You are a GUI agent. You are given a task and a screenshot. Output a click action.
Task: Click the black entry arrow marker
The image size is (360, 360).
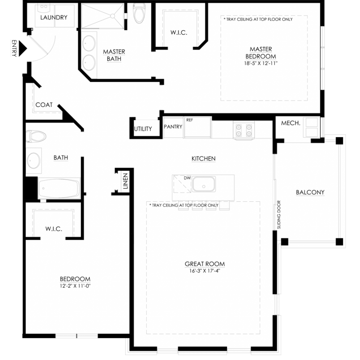[22, 49]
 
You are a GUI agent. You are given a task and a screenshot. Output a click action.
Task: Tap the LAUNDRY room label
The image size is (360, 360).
[54, 18]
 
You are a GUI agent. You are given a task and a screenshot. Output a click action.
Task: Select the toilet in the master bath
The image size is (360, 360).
[139, 13]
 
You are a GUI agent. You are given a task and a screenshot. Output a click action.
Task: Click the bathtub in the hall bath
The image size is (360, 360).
[59, 188]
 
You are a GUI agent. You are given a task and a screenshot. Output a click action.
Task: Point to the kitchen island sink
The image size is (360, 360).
[204, 184]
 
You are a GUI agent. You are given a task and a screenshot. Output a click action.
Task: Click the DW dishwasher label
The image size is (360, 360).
[187, 178]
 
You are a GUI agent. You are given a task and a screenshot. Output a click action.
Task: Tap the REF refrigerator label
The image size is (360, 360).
[189, 120]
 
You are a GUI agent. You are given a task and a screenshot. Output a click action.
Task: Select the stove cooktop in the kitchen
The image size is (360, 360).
[244, 130]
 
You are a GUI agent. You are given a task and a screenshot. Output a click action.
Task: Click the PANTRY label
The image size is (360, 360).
[173, 127]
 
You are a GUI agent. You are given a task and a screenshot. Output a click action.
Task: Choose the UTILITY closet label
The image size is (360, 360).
[143, 129]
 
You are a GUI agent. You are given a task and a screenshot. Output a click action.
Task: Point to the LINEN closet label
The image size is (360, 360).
[126, 181]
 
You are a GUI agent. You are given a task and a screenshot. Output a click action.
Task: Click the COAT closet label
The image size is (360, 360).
[44, 105]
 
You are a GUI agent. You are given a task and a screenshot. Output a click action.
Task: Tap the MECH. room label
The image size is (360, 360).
[291, 123]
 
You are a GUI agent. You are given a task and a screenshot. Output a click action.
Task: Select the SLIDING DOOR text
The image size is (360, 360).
[279, 215]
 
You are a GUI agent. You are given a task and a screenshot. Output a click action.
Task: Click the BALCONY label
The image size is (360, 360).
[310, 192]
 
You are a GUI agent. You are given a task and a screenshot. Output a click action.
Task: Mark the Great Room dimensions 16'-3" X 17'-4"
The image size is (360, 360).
[205, 271]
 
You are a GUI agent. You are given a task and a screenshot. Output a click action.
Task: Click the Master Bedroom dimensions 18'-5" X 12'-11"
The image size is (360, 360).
[261, 63]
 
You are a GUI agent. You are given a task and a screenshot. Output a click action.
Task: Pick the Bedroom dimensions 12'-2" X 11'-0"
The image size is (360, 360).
[75, 286]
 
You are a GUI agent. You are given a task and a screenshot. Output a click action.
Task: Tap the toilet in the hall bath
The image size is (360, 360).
[36, 136]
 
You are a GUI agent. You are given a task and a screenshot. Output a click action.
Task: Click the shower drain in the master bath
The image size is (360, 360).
[112, 16]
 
